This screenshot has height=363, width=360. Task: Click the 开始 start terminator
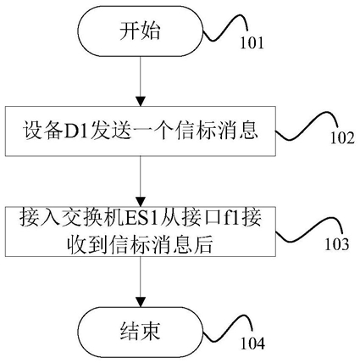pyautogui.click(x=141, y=31)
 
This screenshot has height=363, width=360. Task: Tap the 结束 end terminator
pyautogui.click(x=141, y=331)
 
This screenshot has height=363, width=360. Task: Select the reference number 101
pyautogui.click(x=252, y=43)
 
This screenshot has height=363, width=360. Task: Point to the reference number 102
pyautogui.click(x=342, y=138)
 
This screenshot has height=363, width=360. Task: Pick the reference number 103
pyautogui.click(x=337, y=244)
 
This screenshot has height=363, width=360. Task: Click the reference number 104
pyautogui.click(x=252, y=343)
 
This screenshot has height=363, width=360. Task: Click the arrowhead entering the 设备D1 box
pyautogui.click(x=141, y=102)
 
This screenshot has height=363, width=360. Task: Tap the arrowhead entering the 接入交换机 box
pyautogui.click(x=141, y=202)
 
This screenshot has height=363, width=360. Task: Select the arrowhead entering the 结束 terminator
pyautogui.click(x=141, y=302)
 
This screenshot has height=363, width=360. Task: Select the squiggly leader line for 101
pyautogui.click(x=225, y=27)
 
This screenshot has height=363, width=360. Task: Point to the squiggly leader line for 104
pyautogui.click(x=227, y=329)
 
